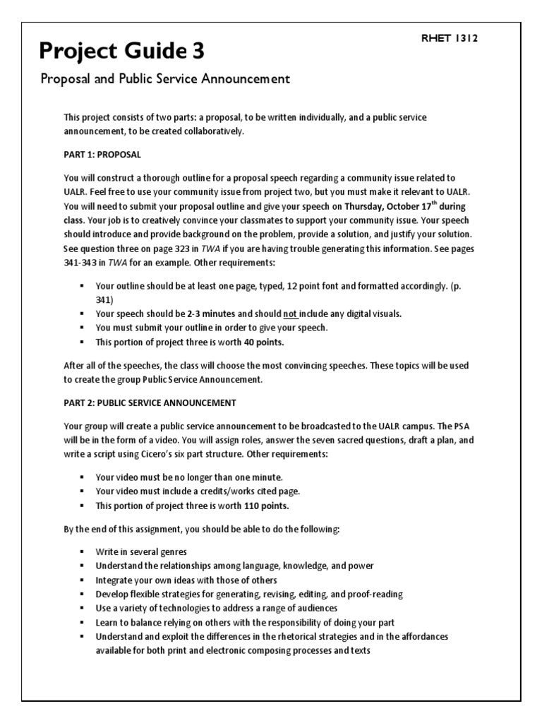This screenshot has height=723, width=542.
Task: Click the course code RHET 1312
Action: click(x=450, y=39)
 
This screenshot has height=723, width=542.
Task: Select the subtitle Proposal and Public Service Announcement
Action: click(x=164, y=79)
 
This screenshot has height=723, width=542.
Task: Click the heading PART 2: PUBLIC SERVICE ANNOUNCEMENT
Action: click(x=150, y=402)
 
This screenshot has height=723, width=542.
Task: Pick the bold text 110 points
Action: click(x=266, y=506)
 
